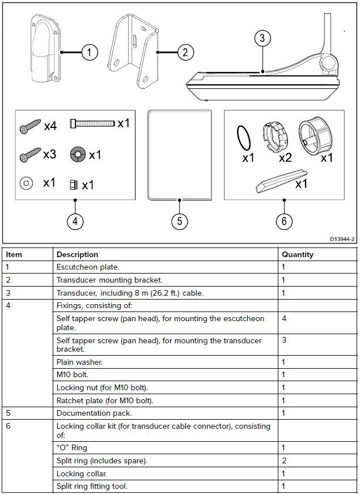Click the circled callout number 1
89,53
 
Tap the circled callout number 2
185,53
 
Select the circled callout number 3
261,39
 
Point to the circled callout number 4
75,220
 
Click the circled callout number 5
179,220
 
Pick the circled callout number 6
284,220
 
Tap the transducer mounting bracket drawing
134,52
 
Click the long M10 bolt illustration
92,123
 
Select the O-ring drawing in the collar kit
243,138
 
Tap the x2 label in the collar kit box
285,157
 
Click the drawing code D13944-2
342,240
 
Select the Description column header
77,255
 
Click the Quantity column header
298,255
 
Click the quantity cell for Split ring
284,460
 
